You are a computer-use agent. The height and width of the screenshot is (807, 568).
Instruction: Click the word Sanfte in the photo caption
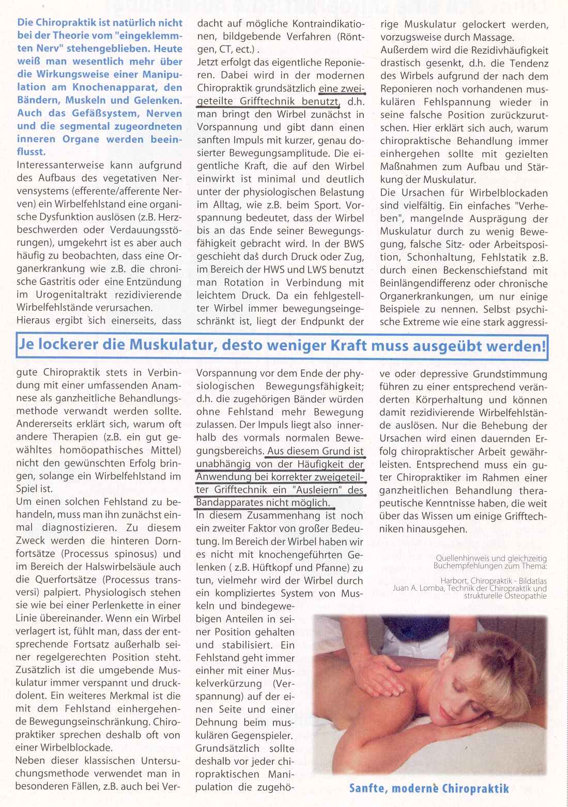[369, 788]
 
